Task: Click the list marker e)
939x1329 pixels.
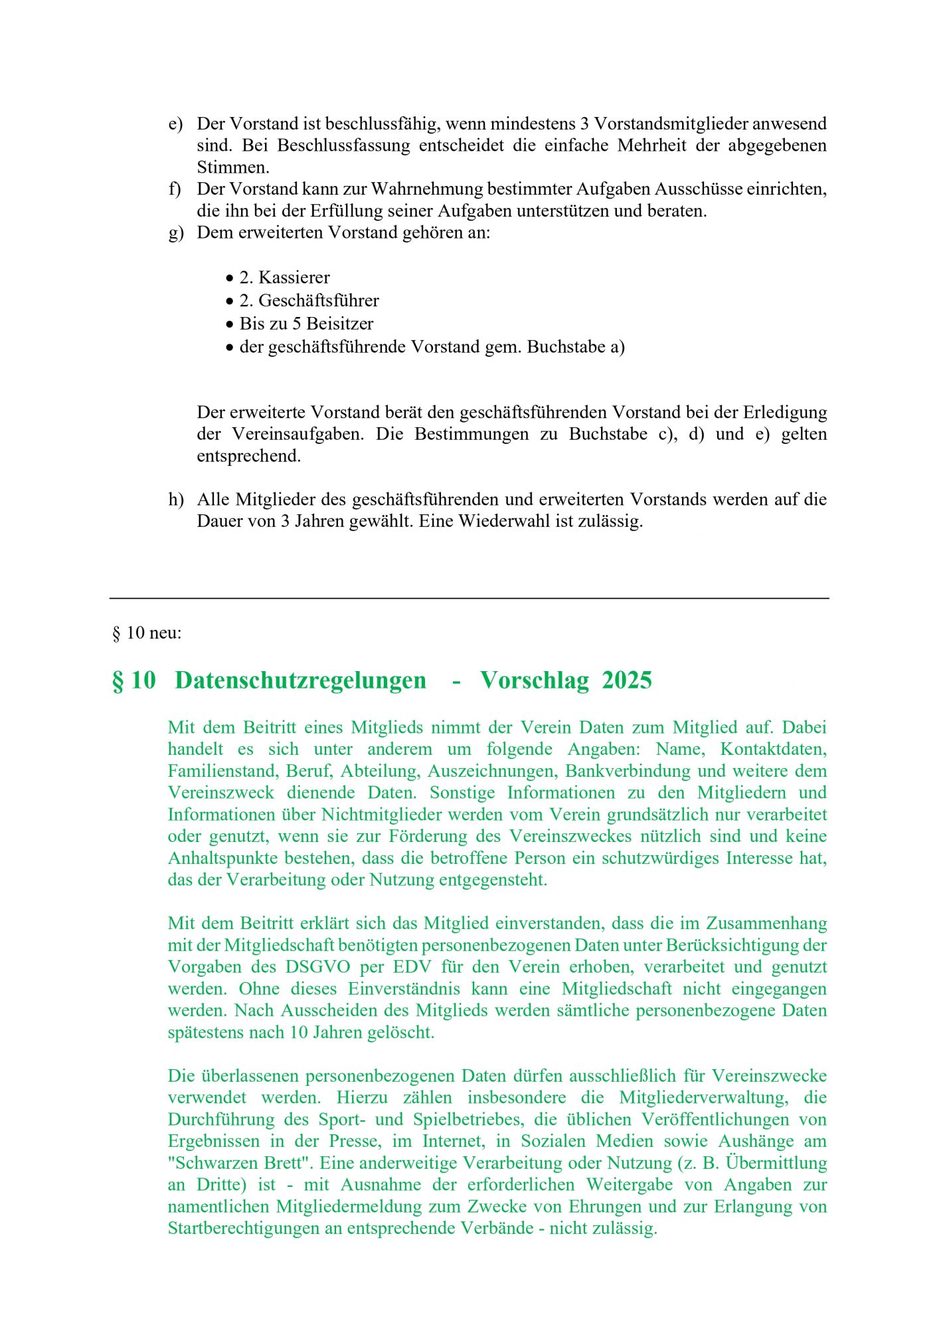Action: click(x=175, y=124)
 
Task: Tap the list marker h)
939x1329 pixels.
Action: click(x=175, y=500)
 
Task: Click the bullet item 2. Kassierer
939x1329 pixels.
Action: click(x=284, y=278)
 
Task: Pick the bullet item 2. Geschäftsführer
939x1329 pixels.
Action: click(x=309, y=301)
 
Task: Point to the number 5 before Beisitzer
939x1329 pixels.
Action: click(x=297, y=324)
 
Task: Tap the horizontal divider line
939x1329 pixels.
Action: click(x=469, y=599)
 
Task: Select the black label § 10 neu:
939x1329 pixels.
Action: click(x=147, y=633)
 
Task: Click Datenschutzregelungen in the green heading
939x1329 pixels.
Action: click(x=300, y=681)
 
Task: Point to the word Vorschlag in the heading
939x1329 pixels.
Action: click(x=534, y=681)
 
